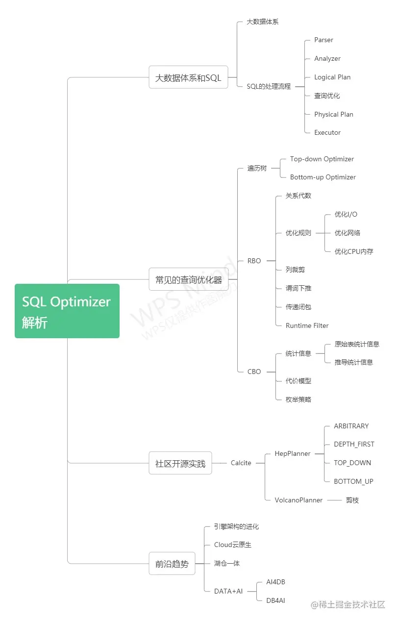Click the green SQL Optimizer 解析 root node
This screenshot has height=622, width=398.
coord(67,311)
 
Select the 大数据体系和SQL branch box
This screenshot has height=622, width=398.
coord(188,77)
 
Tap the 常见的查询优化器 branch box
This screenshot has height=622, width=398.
coord(188,280)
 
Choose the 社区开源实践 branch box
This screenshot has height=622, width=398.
coord(180,463)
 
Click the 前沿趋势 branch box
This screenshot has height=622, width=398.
coord(172,564)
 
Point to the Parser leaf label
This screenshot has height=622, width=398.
coord(323,40)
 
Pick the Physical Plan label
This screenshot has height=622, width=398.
coord(333,114)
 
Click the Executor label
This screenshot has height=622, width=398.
coord(327,133)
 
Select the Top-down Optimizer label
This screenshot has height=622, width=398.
coord(322,159)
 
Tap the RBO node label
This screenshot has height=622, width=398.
coord(254,261)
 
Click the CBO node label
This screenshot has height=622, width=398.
coord(254,372)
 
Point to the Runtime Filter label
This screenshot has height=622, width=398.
coord(307,326)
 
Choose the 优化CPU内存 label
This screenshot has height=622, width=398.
coord(353,251)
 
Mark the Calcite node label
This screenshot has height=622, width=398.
coord(241,463)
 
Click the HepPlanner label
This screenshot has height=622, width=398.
coord(292,454)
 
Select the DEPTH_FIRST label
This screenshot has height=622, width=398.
coord(353,445)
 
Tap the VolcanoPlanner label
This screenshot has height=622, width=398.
coord(298,500)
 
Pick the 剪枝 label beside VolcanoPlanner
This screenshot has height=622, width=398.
coord(352,500)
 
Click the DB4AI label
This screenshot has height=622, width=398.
coord(275,600)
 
